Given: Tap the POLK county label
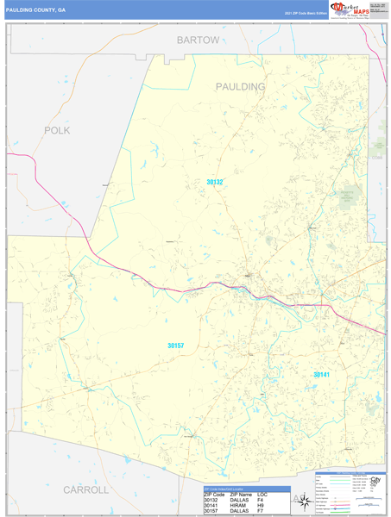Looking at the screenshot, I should (x=56, y=130).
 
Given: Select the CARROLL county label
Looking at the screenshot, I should (x=85, y=489).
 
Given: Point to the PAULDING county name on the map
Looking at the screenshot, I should (x=240, y=87).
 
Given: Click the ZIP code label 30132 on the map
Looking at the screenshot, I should (x=215, y=182).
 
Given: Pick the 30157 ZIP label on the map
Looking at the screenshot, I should (x=176, y=346).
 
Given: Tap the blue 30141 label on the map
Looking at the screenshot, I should (x=321, y=375).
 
